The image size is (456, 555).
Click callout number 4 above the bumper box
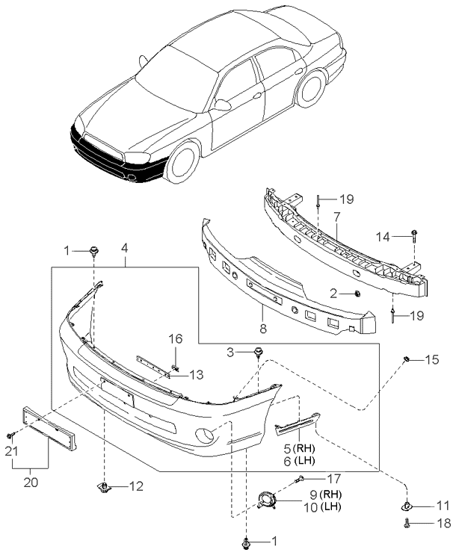(124, 249)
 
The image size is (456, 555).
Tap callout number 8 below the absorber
(263, 329)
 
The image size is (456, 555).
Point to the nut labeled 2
(357, 293)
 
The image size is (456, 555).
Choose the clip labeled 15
(407, 359)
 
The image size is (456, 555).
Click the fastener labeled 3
(258, 352)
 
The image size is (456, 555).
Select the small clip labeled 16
(175, 367)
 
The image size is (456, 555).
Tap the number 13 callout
(196, 374)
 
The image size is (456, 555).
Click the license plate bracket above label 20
(49, 428)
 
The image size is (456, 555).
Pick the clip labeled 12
(104, 487)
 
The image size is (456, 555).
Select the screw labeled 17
(300, 480)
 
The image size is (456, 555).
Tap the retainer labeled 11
(407, 507)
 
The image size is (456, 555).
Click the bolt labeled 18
(407, 523)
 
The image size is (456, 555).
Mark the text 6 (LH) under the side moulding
(300, 460)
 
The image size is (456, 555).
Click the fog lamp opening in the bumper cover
(205, 435)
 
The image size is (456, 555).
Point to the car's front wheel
(183, 161)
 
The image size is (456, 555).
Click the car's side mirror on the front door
(223, 105)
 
